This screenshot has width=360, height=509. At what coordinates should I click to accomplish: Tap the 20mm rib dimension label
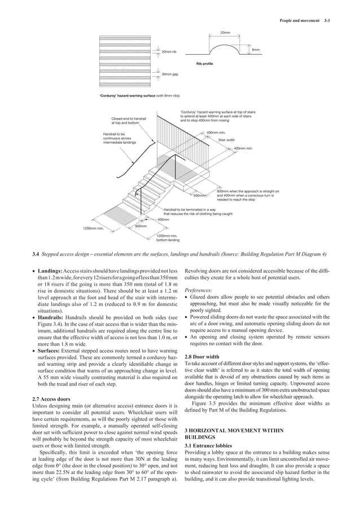pos(169,52)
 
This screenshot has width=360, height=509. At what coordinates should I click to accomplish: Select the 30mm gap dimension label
pos(170,74)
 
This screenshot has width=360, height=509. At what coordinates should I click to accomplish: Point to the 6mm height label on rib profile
pos(256,50)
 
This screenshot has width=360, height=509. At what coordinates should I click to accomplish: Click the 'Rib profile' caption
pos(204,63)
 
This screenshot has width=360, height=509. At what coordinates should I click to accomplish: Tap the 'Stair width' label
pos(226,139)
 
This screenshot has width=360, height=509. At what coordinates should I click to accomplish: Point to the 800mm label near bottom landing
pos(141,226)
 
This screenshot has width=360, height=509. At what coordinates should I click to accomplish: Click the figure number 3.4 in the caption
pos(36,254)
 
